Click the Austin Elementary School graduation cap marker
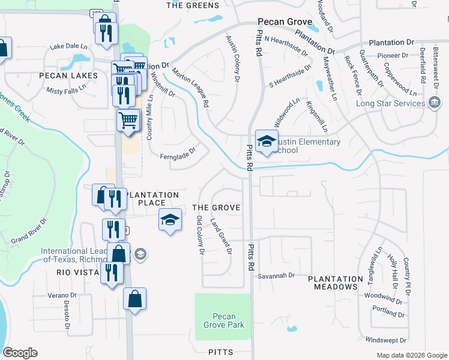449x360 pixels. pos(266,142)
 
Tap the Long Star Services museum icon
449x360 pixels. pos(434,103)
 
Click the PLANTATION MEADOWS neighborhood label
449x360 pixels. pos(336,283)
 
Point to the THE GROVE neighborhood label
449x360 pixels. pos(216,208)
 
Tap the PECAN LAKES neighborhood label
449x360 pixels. pos(68,76)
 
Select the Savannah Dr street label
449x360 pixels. pos(277,275)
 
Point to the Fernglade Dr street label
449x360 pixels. pos(178,154)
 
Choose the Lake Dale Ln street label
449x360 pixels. pos(68,46)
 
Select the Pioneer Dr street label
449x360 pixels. pos(393,55)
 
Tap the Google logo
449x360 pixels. pos(20,353)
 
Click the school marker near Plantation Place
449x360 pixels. pos(170,220)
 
